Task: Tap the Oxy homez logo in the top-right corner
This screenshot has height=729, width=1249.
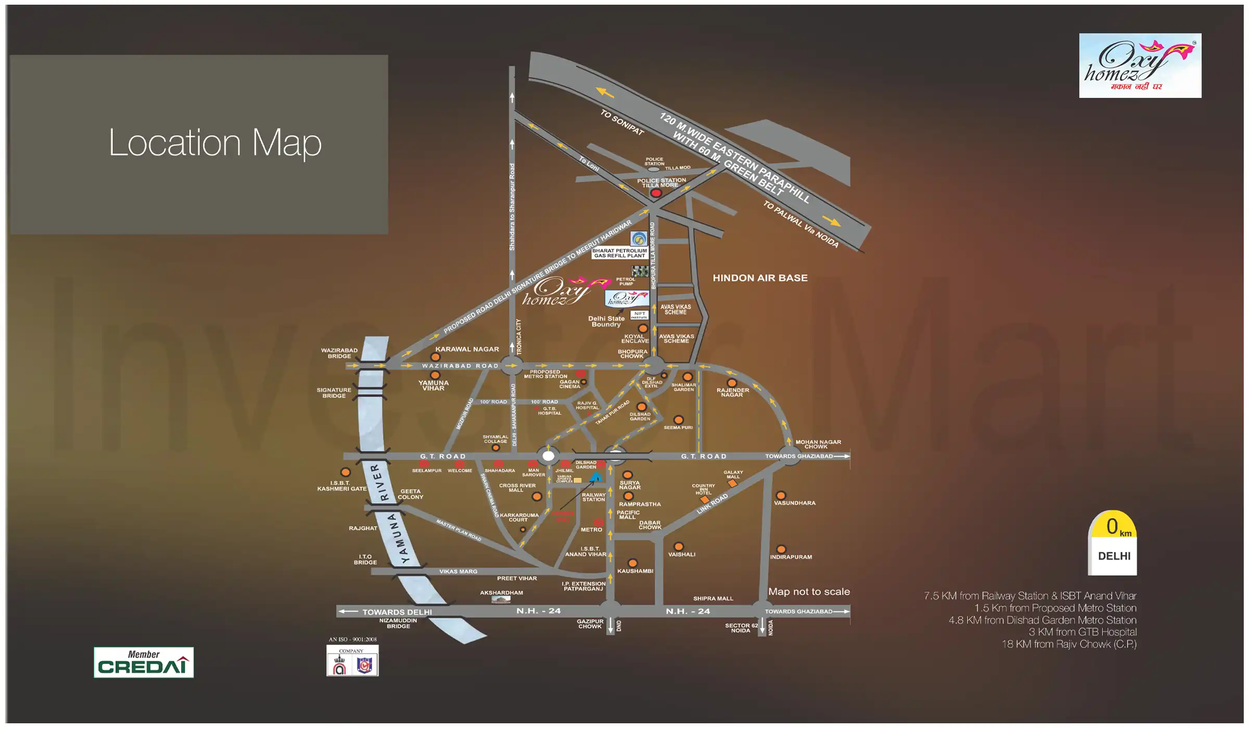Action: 1140,66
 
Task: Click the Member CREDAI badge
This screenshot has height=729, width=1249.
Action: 144,662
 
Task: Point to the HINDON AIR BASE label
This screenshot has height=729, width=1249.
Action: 760,278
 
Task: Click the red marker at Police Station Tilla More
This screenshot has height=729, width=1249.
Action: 656,193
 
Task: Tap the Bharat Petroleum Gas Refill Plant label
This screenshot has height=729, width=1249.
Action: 619,253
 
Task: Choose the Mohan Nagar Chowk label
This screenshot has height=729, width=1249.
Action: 818,444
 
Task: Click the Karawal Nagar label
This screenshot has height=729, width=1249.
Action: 467,349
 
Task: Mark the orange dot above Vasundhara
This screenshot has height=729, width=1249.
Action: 781,495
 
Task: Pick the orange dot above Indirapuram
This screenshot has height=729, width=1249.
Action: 781,549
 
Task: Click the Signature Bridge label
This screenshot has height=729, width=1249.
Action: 334,393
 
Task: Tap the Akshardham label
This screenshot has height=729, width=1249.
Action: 501,593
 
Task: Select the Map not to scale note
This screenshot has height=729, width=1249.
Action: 809,592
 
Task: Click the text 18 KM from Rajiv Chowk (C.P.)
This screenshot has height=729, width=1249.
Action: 1069,644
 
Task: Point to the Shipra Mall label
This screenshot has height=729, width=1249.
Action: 713,598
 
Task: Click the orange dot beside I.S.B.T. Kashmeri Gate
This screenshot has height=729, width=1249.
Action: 345,472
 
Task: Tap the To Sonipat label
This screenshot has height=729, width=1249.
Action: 622,122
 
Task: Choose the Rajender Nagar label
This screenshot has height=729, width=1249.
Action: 732,392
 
